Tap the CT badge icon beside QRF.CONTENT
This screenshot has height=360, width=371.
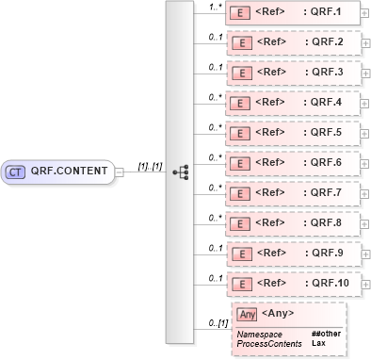[16, 172]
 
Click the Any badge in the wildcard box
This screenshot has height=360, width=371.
[247, 314]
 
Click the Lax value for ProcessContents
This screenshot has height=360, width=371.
[317, 343]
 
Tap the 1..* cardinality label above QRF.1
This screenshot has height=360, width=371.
[215, 8]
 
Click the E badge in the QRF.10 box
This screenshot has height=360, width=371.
[240, 284]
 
